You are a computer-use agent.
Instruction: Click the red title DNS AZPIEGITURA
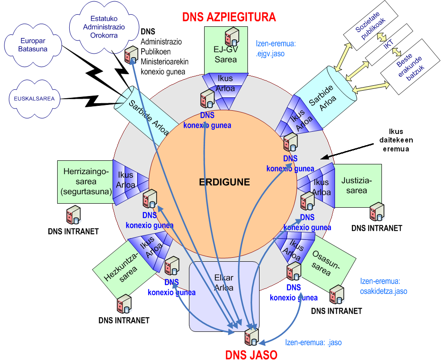[x=229, y=17]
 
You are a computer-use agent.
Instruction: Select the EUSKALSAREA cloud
[x=34, y=98]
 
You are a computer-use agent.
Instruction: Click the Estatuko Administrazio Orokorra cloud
[x=107, y=27]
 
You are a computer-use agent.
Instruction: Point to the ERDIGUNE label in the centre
[x=224, y=182]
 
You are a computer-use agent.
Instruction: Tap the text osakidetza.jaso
[x=384, y=291]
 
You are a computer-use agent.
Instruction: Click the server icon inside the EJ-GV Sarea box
[x=232, y=35]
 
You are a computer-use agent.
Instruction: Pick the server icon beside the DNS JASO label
[x=251, y=336]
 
